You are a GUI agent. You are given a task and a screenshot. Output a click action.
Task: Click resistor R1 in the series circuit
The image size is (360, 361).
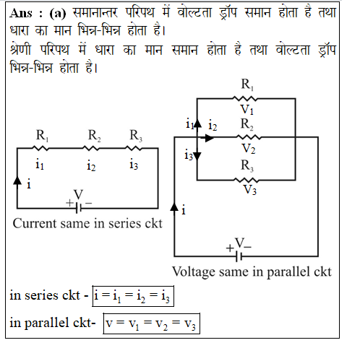coord(40,148)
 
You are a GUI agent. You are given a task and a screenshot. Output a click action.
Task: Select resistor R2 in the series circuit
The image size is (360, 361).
coord(91,148)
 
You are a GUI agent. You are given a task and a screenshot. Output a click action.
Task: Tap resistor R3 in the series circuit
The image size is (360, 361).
coord(134,148)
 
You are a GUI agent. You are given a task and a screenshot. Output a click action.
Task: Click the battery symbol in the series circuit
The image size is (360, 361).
coord(78,208)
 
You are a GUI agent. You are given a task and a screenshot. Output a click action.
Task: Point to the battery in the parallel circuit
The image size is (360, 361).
coord(239,256)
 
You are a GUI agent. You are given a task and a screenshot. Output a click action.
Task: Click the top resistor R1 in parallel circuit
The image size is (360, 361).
coord(245,98)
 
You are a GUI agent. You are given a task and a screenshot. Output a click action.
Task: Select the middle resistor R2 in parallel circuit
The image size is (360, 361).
coord(249,137)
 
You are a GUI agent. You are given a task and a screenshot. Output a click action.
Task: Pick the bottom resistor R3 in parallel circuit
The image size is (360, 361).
coord(246,180)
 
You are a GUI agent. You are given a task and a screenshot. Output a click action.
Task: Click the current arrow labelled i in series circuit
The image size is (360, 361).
coord(17,180)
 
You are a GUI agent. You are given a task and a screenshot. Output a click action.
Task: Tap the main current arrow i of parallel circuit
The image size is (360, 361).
coord(174,207)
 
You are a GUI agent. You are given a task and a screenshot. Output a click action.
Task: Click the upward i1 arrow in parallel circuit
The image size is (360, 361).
coord(197,123)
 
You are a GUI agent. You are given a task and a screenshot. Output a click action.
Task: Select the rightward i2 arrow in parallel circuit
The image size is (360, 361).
coord(209,138)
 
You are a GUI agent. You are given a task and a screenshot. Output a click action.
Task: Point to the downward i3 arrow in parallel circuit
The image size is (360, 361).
coord(197,156)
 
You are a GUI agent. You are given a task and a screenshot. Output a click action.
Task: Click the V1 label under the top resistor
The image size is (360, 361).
coord(247,110)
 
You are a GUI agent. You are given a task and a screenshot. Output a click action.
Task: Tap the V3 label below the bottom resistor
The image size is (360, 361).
coord(250,190)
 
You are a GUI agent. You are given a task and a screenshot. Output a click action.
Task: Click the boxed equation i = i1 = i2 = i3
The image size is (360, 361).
coord(133,296)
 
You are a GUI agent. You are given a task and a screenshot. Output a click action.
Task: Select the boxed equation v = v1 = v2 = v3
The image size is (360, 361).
coord(152,323)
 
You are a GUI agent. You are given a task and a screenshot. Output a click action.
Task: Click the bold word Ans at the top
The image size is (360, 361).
coord(21,13)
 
